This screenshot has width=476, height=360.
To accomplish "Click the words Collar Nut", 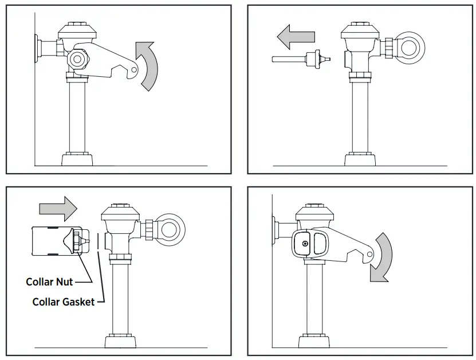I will tap(49, 281).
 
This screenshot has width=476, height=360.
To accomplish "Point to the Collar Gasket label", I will tap(63, 302).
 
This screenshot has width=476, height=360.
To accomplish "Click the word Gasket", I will tap(80, 302).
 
